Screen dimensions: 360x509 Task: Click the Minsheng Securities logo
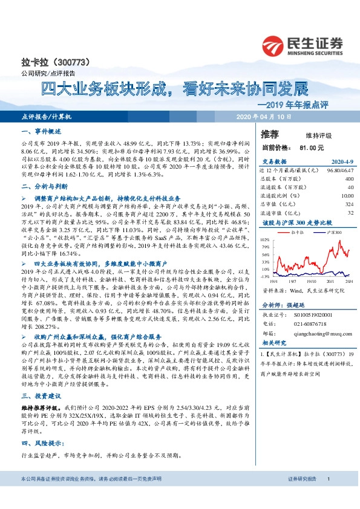point(302,44)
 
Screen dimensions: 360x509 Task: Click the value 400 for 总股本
point(348,179)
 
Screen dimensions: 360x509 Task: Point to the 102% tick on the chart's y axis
point(264,239)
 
